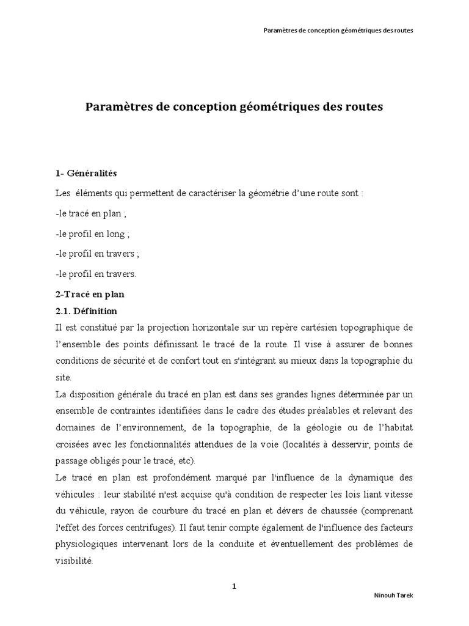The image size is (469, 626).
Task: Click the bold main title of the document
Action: click(x=234, y=106)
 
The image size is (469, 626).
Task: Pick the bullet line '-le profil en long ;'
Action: click(x=92, y=234)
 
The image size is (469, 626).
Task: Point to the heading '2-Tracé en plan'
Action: click(x=89, y=294)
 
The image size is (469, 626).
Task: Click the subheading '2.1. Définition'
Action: click(x=86, y=311)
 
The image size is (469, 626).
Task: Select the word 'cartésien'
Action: click(x=314, y=328)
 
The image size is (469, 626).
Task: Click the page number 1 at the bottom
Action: click(x=234, y=586)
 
